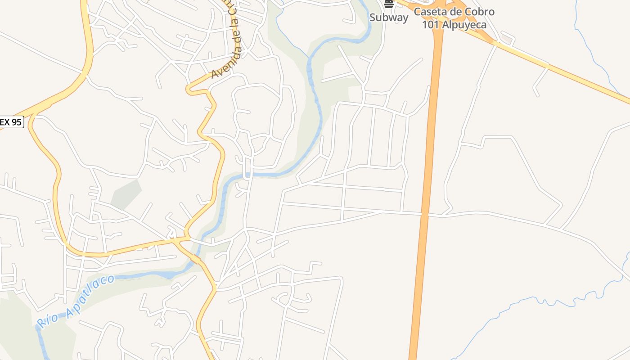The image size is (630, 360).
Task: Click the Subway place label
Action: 389,18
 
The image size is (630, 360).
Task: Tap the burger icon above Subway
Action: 389,4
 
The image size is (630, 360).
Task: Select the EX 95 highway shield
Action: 11,122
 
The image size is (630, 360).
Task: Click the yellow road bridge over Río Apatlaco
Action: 197,260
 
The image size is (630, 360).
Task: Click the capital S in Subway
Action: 373,18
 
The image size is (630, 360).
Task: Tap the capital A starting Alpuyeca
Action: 446,25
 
